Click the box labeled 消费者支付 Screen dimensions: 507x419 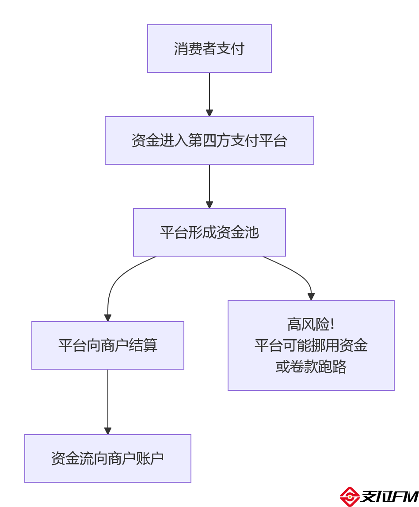pyautogui.click(x=209, y=49)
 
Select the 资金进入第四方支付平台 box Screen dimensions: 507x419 pyautogui.click(x=209, y=140)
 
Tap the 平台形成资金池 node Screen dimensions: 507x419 pyautogui.click(x=209, y=232)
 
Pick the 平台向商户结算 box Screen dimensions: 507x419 pyautogui.click(x=107, y=345)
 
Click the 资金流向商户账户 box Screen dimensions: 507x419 pyautogui.click(x=107, y=458)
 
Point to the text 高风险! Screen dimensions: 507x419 pyautogui.click(x=311, y=325)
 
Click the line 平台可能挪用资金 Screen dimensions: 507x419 pyautogui.click(x=311, y=345)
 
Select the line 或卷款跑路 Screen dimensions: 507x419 pyautogui.click(x=311, y=366)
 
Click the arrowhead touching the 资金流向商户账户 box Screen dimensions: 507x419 pyautogui.click(x=108, y=431)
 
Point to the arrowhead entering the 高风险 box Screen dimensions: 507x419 pyautogui.click(x=311, y=297)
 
